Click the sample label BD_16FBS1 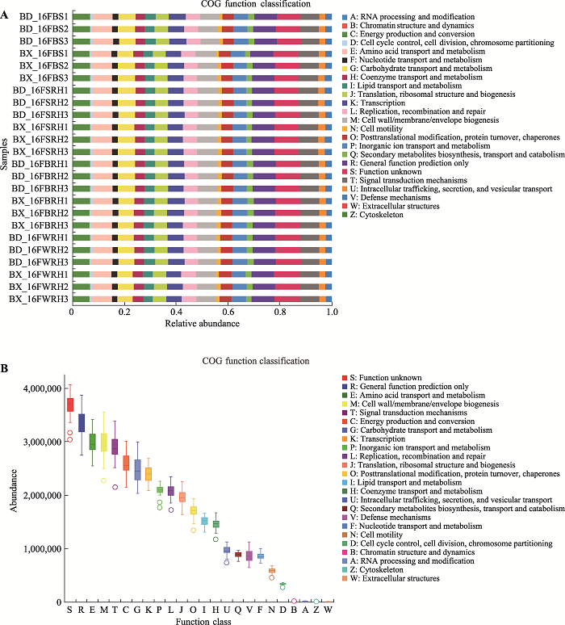coord(44,17)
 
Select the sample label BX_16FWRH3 coord(39,299)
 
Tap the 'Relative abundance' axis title coord(203,323)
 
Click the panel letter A coord(4,15)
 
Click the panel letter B coord(4,368)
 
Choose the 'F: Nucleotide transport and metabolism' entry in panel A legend coord(416,60)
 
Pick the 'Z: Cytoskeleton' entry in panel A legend coord(377,215)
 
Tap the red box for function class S coord(70,405)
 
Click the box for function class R coord(82,423)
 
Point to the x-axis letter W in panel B coord(328,610)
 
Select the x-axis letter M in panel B coord(104,610)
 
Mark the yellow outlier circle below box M coord(103,480)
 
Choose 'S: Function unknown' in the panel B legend coord(386,377)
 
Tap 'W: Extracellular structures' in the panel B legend coord(395,578)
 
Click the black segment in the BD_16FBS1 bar coord(115,17)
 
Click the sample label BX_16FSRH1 coord(40,127)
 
